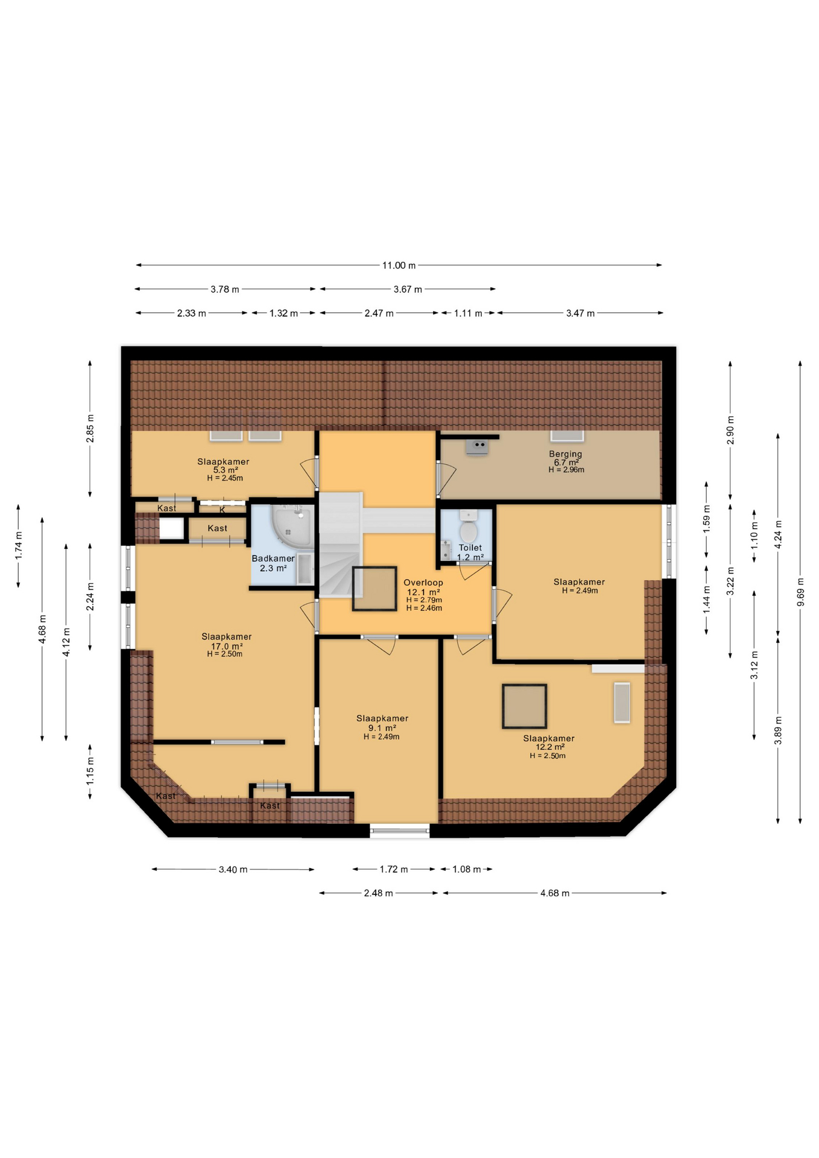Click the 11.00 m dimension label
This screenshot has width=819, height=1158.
pyautogui.click(x=399, y=265)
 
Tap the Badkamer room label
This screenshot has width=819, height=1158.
pyautogui.click(x=273, y=558)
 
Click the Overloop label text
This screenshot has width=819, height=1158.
pyautogui.click(x=423, y=583)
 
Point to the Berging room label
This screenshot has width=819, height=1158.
pyautogui.click(x=566, y=454)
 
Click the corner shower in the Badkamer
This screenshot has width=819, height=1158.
pyautogui.click(x=292, y=523)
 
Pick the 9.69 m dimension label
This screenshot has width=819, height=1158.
pyautogui.click(x=800, y=592)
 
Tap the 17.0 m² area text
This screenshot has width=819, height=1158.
pyautogui.click(x=227, y=647)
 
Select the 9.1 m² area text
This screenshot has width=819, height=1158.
pyautogui.click(x=382, y=728)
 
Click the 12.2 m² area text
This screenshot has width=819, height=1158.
pyautogui.click(x=550, y=747)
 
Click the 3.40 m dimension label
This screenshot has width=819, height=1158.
pyautogui.click(x=233, y=870)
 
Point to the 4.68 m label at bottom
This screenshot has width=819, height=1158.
pyautogui.click(x=555, y=893)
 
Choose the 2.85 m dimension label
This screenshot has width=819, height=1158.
pyautogui.click(x=90, y=429)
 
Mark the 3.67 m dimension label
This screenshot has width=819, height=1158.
pyautogui.click(x=408, y=289)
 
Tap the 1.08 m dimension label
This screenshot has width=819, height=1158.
pyautogui.click(x=466, y=870)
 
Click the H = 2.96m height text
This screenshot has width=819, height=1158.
pyautogui.click(x=566, y=470)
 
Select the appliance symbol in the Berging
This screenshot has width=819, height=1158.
pyautogui.click(x=477, y=447)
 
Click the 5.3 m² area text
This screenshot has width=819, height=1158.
pyautogui.click(x=226, y=470)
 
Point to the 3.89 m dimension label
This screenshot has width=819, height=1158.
pyautogui.click(x=778, y=730)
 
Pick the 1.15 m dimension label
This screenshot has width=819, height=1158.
pyautogui.click(x=90, y=771)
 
